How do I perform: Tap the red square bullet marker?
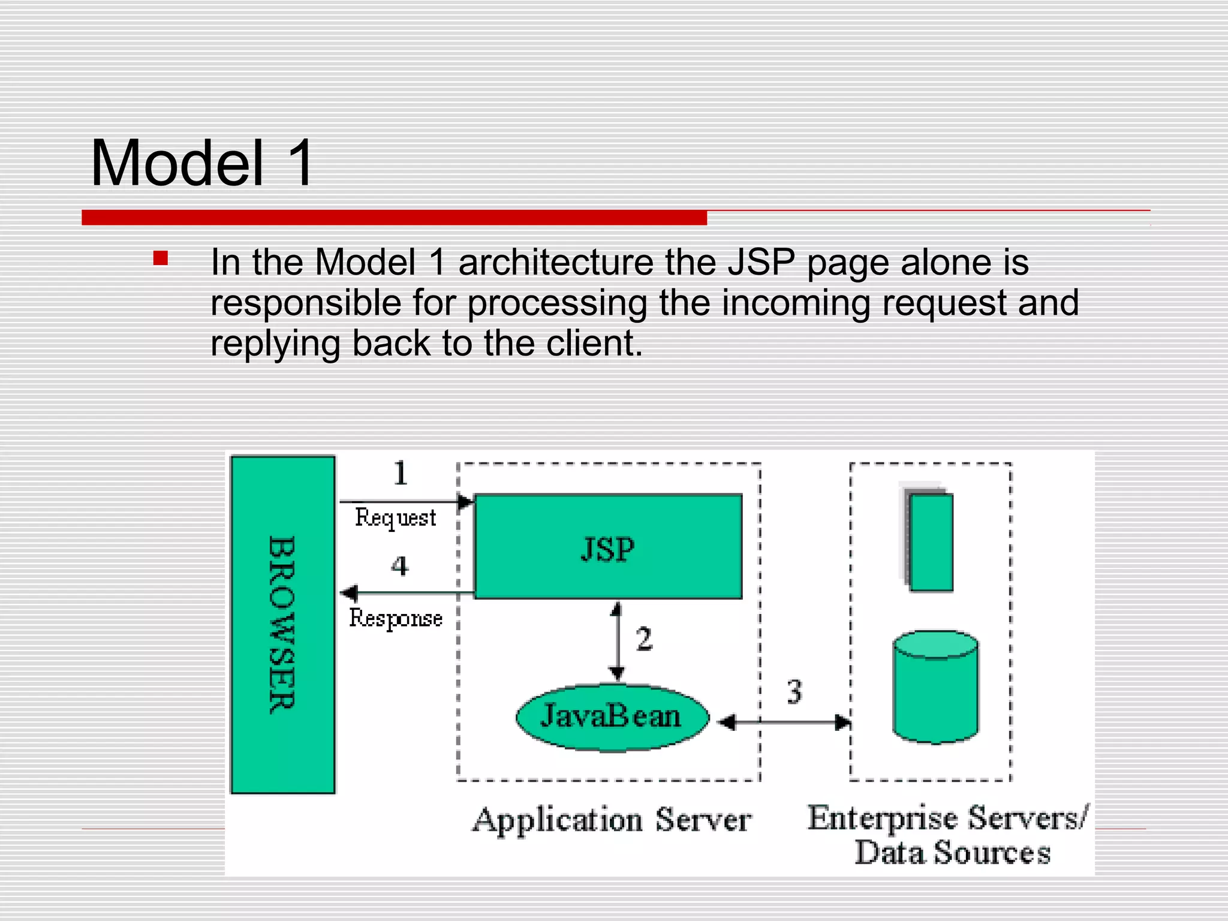160,258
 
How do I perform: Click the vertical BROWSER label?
282,624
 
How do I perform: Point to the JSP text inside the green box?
607,549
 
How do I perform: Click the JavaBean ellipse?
612,717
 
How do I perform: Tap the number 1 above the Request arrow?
401,473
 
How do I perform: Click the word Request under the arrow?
395,517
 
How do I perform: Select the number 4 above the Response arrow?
400,565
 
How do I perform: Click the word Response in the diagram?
396,618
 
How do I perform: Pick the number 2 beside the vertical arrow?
644,639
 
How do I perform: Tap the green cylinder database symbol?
935,687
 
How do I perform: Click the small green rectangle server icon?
930,541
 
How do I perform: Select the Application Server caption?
612,820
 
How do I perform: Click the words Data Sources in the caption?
952,852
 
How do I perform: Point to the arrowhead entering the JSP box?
466,501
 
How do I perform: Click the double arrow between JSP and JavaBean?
617,642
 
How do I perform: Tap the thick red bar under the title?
394,218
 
